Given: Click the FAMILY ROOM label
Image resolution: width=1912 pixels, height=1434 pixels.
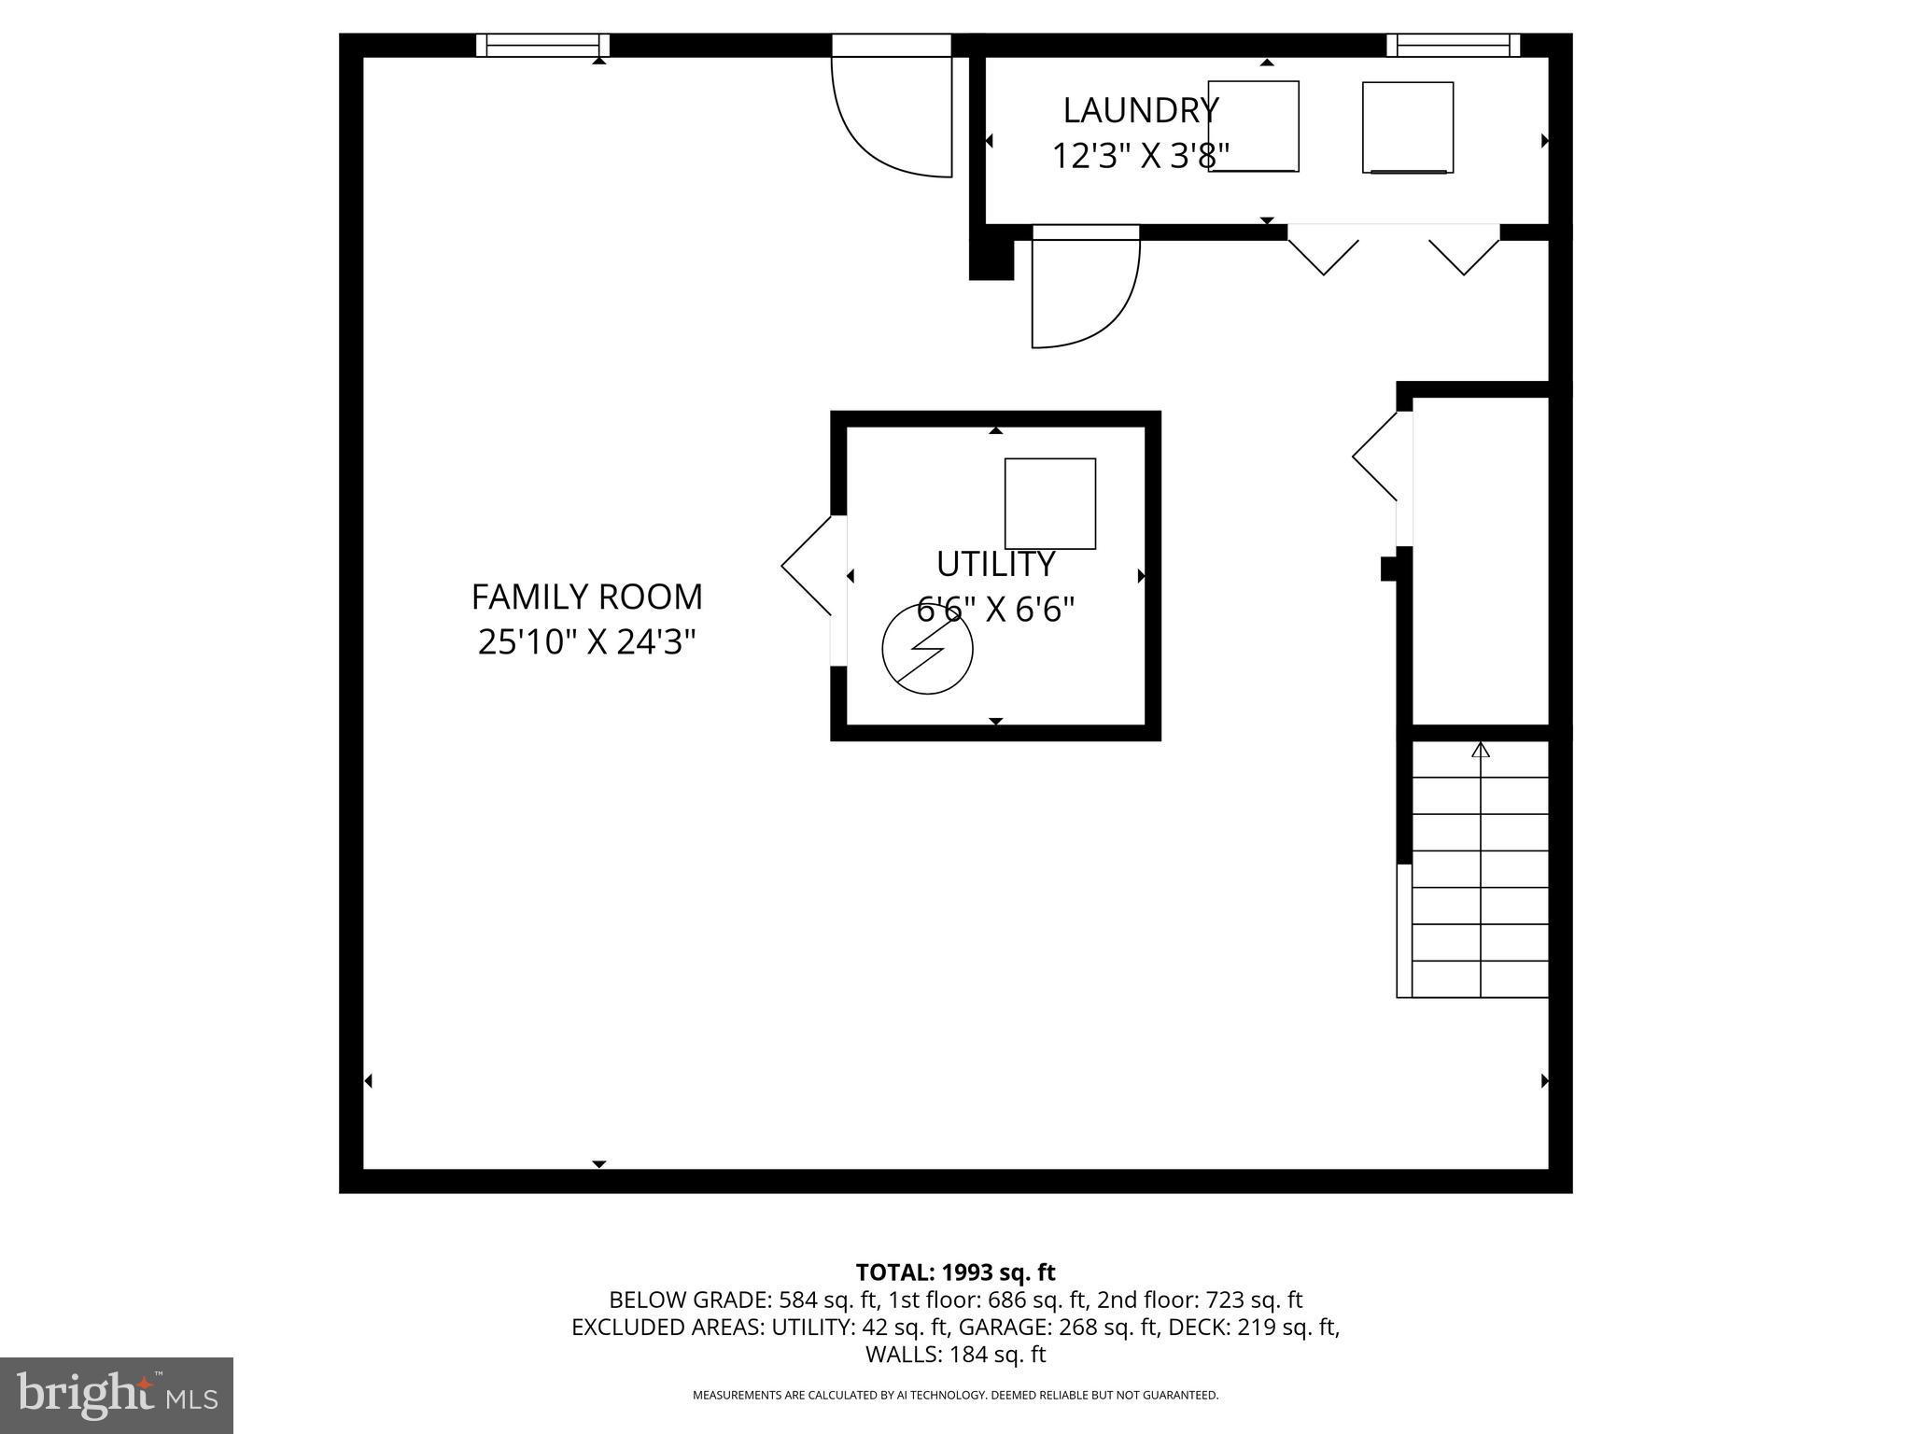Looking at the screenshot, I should pos(586,597).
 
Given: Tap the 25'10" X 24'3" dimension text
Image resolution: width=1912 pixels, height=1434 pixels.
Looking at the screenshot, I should pos(586,642).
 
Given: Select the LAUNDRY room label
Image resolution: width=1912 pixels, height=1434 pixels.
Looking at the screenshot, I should pos(1140,110).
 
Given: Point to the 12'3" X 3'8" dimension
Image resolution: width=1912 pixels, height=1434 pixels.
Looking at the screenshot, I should pos(1140,156).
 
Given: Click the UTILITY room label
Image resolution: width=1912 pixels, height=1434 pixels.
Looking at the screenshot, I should pos(995,564).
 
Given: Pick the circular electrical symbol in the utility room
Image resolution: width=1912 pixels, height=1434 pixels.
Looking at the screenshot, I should pos(927,649).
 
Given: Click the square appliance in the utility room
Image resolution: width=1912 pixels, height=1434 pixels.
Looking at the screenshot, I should pos(1049,503).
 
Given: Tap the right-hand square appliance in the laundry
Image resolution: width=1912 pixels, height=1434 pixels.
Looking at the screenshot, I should pos(1407,127).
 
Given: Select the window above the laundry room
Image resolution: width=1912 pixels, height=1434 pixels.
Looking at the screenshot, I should pos(1453,45).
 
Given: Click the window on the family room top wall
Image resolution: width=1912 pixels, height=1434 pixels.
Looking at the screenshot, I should pos(542,45).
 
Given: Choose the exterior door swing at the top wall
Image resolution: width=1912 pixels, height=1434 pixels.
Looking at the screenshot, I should pos(892,112).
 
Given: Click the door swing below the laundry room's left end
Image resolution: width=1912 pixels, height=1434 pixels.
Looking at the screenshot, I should pos(1083,289).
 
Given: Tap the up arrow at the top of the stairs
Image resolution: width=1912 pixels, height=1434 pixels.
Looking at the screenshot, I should pos(1481,751).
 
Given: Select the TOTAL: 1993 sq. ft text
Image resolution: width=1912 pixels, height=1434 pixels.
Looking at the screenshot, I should pos(955,1272).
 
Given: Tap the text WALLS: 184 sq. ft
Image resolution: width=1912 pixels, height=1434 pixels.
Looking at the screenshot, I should pos(955,1355).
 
